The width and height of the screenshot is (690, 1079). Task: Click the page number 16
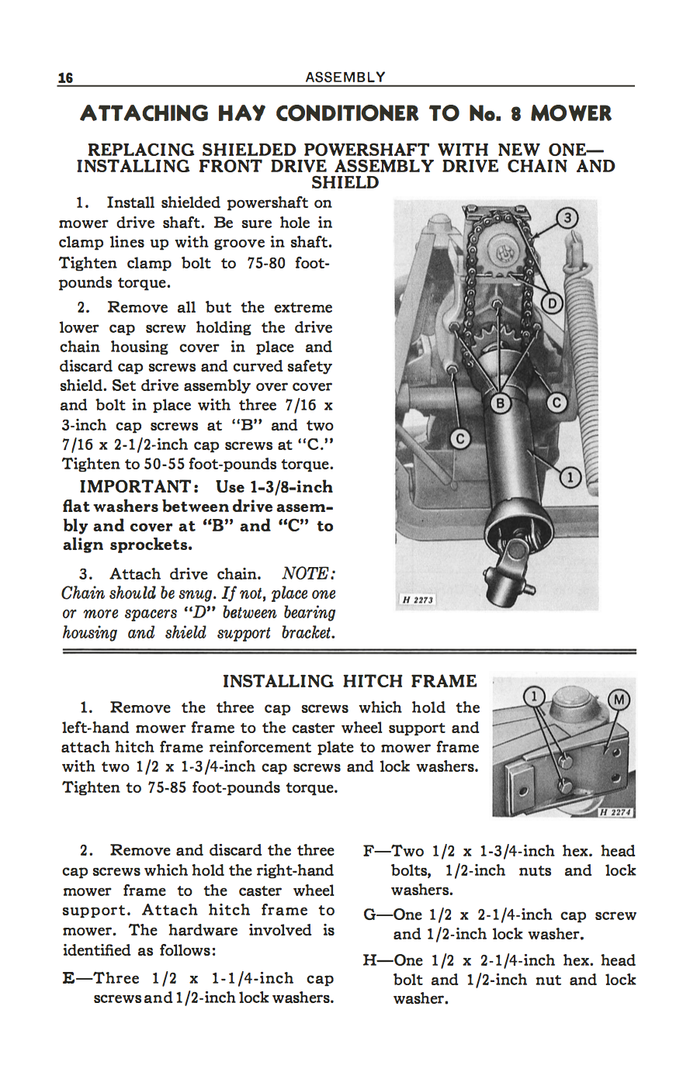point(65,78)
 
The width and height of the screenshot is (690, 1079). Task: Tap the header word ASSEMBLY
point(345,77)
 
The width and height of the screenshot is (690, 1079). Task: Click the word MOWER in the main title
point(570,114)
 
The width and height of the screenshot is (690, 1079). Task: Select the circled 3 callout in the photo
point(568,218)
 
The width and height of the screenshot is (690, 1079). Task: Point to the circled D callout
point(551,303)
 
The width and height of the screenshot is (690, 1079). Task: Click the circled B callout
point(501,403)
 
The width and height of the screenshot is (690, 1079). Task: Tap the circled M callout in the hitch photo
point(619,700)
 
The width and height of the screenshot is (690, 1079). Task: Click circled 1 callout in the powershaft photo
point(570,477)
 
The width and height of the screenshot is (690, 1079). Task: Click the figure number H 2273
point(418,600)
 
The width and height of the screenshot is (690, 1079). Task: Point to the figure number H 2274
point(616,812)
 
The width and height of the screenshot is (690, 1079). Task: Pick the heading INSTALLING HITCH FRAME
point(349,681)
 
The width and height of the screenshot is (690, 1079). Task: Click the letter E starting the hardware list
point(68,978)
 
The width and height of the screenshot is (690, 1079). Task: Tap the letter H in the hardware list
point(370,960)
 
